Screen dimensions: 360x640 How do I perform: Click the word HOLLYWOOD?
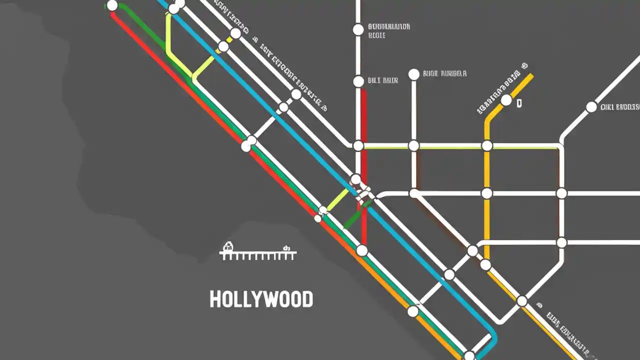pos(261,299)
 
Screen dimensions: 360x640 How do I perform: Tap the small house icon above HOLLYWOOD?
pos(228,246)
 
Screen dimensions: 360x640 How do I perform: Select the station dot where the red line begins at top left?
pos(112,6)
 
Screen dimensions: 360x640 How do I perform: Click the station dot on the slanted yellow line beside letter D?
pos(506,100)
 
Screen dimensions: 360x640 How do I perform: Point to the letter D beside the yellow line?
pos(519,104)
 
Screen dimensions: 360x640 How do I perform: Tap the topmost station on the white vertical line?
pos(358,29)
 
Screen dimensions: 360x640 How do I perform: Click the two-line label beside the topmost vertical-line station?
pos(388,30)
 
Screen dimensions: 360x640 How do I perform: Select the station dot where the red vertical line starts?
pos(358,81)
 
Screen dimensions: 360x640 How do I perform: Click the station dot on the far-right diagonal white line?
pos(591,107)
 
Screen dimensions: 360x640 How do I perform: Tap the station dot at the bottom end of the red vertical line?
pos(361,250)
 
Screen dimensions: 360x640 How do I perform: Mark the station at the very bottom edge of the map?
pos(469,356)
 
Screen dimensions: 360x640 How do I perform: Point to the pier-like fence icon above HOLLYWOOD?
pos(258,255)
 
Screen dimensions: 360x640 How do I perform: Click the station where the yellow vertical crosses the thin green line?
pos(487,146)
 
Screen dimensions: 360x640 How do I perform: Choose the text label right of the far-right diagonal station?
pos(620,106)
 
